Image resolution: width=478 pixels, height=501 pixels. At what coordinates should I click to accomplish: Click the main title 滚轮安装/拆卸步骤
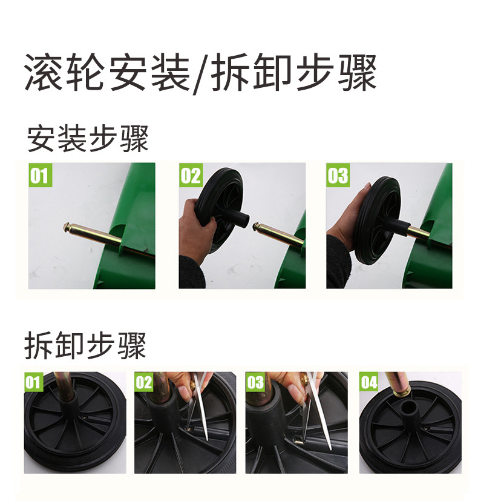pos(200,72)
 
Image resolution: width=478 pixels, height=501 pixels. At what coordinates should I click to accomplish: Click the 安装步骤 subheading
pos(88,139)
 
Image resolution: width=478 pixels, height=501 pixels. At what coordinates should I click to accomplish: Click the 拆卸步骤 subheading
pos(85,345)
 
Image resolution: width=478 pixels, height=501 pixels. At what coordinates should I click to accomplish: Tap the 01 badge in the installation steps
pos(40,175)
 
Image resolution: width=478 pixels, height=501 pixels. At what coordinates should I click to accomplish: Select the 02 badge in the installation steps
pos(191,175)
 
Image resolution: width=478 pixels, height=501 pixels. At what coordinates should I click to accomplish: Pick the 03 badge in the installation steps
pos(338,175)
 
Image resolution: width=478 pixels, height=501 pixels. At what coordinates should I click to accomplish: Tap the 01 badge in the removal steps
pos(33,382)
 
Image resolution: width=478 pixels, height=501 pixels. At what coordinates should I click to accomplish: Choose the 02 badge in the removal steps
pos(144,382)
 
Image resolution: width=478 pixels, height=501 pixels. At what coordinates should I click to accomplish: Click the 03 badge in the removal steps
pos(255,382)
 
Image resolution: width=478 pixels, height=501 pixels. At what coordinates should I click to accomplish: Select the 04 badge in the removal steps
pos(369,382)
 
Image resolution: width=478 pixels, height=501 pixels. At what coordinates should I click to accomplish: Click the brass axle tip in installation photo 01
pos(68,227)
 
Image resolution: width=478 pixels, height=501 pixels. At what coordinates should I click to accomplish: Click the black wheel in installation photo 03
pos(376,221)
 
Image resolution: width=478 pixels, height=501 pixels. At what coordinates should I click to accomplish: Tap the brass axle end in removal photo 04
pos(402,389)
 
